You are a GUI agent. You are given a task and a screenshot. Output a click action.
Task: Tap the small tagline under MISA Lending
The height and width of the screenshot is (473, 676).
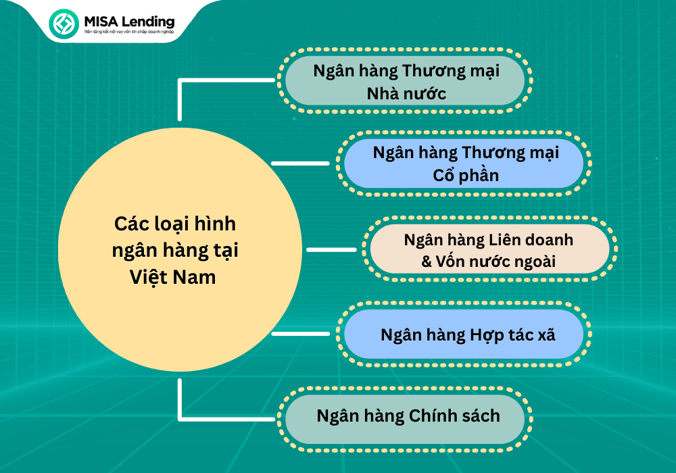pyautogui.click(x=128, y=32)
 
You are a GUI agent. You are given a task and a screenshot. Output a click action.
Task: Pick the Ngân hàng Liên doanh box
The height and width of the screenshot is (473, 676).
pyautogui.click(x=489, y=250)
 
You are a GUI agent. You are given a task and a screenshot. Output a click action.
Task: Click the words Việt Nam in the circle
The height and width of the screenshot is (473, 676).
pyautogui.click(x=173, y=276)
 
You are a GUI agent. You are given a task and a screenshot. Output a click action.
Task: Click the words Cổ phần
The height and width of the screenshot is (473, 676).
pyautogui.click(x=466, y=176)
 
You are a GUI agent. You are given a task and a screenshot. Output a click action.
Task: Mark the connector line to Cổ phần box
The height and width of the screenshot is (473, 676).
pyautogui.click(x=300, y=163)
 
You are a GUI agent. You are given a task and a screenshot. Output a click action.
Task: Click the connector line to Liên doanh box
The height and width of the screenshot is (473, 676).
pyautogui.click(x=331, y=249)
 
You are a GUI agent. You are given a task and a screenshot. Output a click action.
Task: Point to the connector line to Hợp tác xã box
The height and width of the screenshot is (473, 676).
pyautogui.click(x=300, y=333)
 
